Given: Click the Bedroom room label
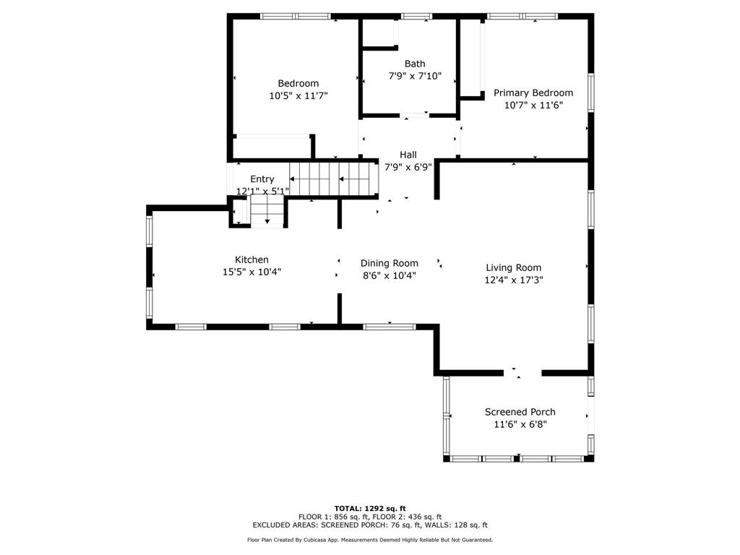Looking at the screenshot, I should pyautogui.click(x=298, y=83).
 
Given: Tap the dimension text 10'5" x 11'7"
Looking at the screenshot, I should pyautogui.click(x=298, y=95).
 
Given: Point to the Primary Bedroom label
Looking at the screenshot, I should pyautogui.click(x=533, y=92).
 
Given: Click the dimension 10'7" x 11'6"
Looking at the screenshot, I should pyautogui.click(x=533, y=105).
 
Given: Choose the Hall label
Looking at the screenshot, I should pyautogui.click(x=408, y=155).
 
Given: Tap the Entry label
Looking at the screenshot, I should pyautogui.click(x=262, y=179).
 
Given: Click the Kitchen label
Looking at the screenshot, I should pyautogui.click(x=251, y=259).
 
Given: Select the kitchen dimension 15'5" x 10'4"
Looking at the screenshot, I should pyautogui.click(x=251, y=272).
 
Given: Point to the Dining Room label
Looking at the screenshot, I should pyautogui.click(x=390, y=263).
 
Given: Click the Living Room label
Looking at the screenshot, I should pyautogui.click(x=513, y=267).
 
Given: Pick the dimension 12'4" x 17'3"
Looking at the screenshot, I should pyautogui.click(x=513, y=280).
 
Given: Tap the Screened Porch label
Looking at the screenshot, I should pyautogui.click(x=520, y=412).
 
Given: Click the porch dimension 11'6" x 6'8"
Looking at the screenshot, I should pyautogui.click(x=520, y=424).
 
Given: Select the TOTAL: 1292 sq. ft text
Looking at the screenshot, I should pyautogui.click(x=370, y=508).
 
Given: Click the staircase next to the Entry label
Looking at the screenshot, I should pyautogui.click(x=333, y=178).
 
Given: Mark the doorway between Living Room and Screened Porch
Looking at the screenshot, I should pyautogui.click(x=522, y=373).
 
